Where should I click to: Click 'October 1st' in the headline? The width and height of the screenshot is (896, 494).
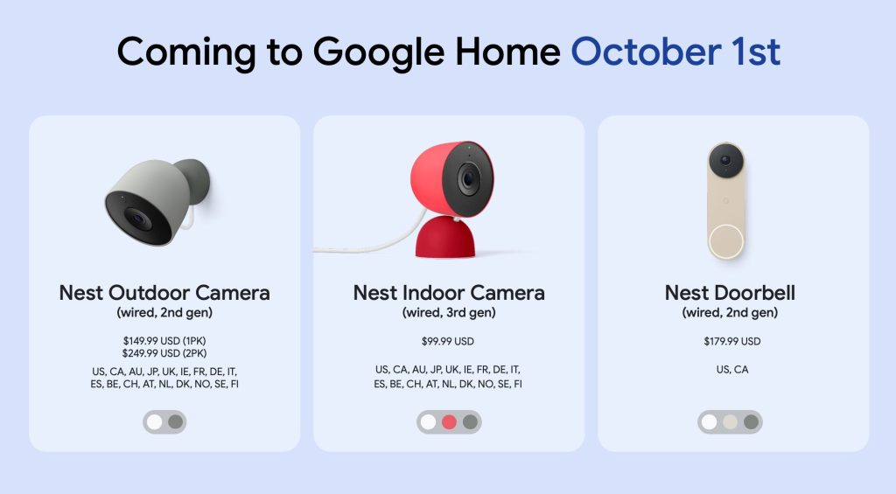point(675,52)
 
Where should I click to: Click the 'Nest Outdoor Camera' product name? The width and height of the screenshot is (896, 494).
point(164,293)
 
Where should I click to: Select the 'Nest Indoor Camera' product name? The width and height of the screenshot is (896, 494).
point(449,293)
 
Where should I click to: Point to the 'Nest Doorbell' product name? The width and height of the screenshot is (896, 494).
point(730,293)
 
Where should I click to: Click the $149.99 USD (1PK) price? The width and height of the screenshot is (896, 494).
point(164,341)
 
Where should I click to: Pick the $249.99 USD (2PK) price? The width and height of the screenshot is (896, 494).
point(164,353)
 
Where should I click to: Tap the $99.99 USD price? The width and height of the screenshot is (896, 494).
point(448,341)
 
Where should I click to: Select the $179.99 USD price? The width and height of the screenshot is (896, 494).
point(731,341)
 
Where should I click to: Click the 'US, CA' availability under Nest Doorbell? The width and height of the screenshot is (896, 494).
point(731,370)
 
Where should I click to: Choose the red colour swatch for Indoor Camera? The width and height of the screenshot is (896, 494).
point(449,422)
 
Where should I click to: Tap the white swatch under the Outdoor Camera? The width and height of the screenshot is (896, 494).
point(154,422)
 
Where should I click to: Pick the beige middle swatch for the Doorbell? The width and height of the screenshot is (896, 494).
point(730,422)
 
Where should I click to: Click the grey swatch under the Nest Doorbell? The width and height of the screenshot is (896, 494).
point(750,422)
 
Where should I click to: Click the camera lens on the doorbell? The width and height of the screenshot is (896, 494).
point(726,162)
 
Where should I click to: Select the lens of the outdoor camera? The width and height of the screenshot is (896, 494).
point(137,219)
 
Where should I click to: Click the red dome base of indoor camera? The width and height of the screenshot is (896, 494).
point(444,240)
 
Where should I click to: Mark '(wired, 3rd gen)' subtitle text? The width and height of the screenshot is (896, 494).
point(448,312)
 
